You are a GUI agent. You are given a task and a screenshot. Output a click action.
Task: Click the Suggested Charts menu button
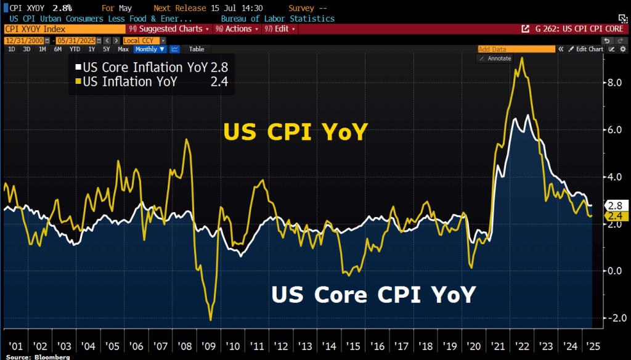[x=169, y=29]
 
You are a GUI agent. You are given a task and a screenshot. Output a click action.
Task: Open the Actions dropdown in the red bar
[x=237, y=29]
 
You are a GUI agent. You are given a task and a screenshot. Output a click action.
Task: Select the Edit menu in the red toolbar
[x=280, y=29]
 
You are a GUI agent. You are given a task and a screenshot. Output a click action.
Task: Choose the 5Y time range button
[x=106, y=49]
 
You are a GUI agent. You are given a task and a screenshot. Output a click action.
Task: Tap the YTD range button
[x=75, y=49]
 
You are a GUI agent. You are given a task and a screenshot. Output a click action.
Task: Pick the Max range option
[x=123, y=49]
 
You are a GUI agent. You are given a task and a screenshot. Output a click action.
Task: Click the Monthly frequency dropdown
[x=150, y=49]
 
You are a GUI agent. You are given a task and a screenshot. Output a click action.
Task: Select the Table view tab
[x=197, y=49]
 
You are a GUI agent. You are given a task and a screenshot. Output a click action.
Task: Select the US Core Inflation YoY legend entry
[x=151, y=68]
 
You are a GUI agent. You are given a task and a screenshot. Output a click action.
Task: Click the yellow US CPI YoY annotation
[x=295, y=133]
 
